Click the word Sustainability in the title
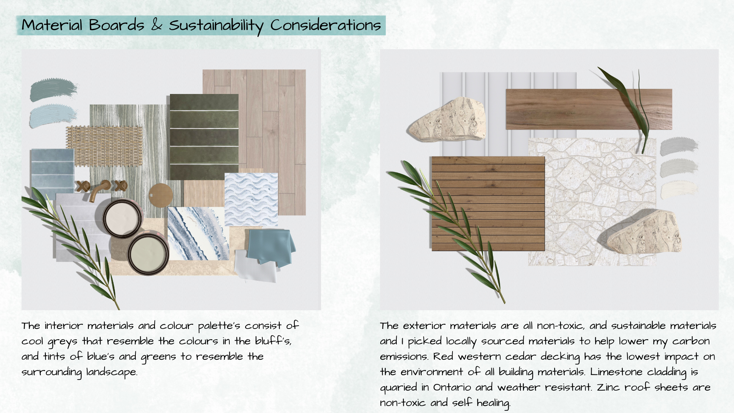click(216, 25)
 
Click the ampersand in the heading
click(157, 25)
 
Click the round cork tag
click(161, 195)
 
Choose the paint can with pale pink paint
click(122, 218)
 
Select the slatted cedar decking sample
click(488, 204)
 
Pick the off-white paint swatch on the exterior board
click(679, 191)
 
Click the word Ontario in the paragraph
click(452, 387)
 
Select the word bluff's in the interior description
click(273, 341)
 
